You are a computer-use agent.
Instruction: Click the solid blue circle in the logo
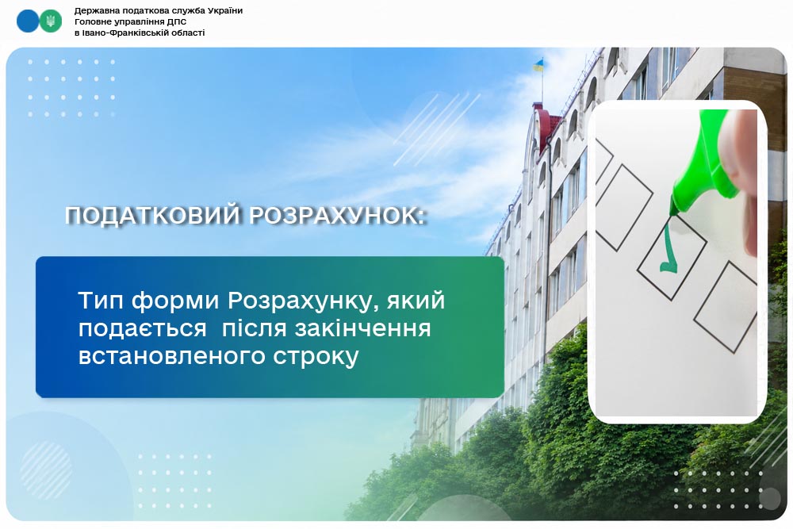coord(27,21)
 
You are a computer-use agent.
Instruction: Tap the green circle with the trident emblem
coord(51,21)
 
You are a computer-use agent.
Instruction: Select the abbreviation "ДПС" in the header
coord(177,21)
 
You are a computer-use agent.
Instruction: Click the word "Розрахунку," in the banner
coord(304,301)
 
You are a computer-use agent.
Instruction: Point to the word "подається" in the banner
coord(143,329)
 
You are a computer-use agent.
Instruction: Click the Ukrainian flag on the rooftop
coord(538,66)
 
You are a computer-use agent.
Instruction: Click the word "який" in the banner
coord(416,301)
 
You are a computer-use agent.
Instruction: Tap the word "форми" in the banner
coord(176,301)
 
